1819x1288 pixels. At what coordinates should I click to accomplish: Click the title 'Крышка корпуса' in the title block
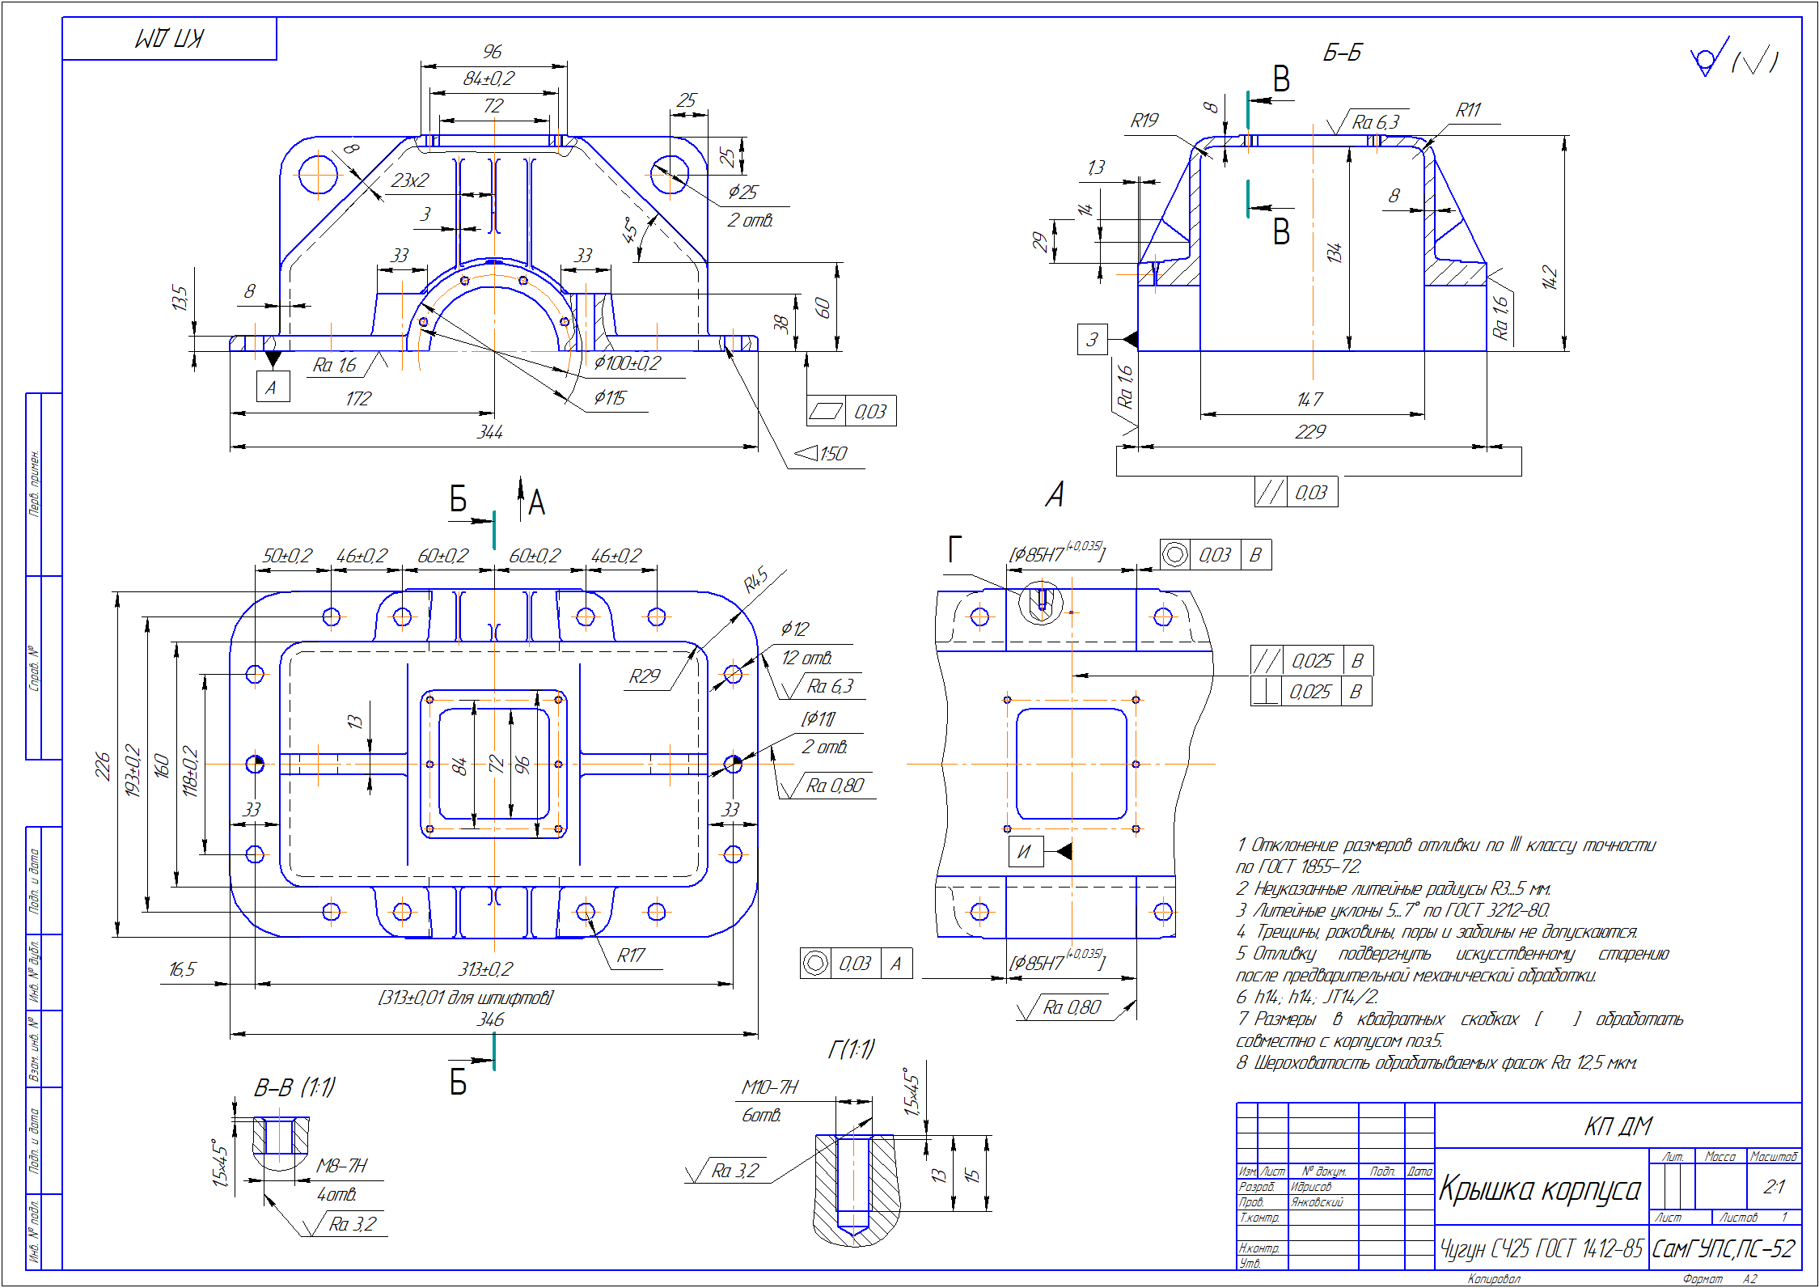1539,1189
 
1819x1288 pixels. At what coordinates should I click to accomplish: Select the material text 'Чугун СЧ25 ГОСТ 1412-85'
1541,1249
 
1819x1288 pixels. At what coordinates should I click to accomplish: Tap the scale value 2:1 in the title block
1774,1187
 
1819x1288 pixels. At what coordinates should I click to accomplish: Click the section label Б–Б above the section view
1342,53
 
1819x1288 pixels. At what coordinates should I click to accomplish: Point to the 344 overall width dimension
490,433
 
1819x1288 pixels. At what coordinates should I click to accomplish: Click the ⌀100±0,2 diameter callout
627,363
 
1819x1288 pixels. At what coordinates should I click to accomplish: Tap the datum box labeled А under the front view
272,388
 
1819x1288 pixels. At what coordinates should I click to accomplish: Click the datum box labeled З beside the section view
1092,339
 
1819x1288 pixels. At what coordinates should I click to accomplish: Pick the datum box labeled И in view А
1025,852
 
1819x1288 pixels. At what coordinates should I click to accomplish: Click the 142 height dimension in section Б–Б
1549,278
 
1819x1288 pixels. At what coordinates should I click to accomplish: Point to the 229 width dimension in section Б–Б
1310,432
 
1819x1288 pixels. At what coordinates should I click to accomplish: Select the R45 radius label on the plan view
755,580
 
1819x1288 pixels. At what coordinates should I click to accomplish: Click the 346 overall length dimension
490,1020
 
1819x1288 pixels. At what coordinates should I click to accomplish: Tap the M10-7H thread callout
769,1088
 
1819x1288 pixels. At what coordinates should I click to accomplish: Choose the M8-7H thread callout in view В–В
341,1166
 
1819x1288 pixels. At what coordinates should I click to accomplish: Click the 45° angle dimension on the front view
631,230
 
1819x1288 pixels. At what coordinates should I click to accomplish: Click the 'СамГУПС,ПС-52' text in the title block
1723,1249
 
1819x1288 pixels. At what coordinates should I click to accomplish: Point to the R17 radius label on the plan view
631,956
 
